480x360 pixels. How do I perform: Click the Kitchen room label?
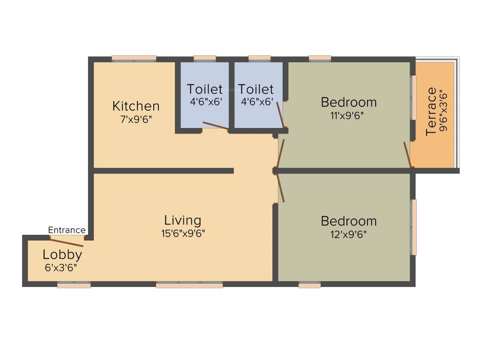tap(136, 106)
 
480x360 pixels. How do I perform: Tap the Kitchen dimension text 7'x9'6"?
tap(136, 119)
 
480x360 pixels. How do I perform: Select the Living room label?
tap(182, 220)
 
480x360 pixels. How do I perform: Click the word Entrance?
tap(67, 230)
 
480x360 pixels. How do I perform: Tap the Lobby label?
tap(62, 255)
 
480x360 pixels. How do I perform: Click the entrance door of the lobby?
tap(67, 242)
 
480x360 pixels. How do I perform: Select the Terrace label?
tap(431, 112)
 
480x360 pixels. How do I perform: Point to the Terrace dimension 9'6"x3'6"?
tap(443, 112)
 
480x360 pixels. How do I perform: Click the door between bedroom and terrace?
tap(408, 154)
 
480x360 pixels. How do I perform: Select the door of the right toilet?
tap(280, 114)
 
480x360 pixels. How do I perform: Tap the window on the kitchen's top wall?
tap(134, 59)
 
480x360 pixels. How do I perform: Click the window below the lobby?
tap(74, 284)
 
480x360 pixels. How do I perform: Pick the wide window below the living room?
tap(189, 284)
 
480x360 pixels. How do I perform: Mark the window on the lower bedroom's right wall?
tap(413, 227)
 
